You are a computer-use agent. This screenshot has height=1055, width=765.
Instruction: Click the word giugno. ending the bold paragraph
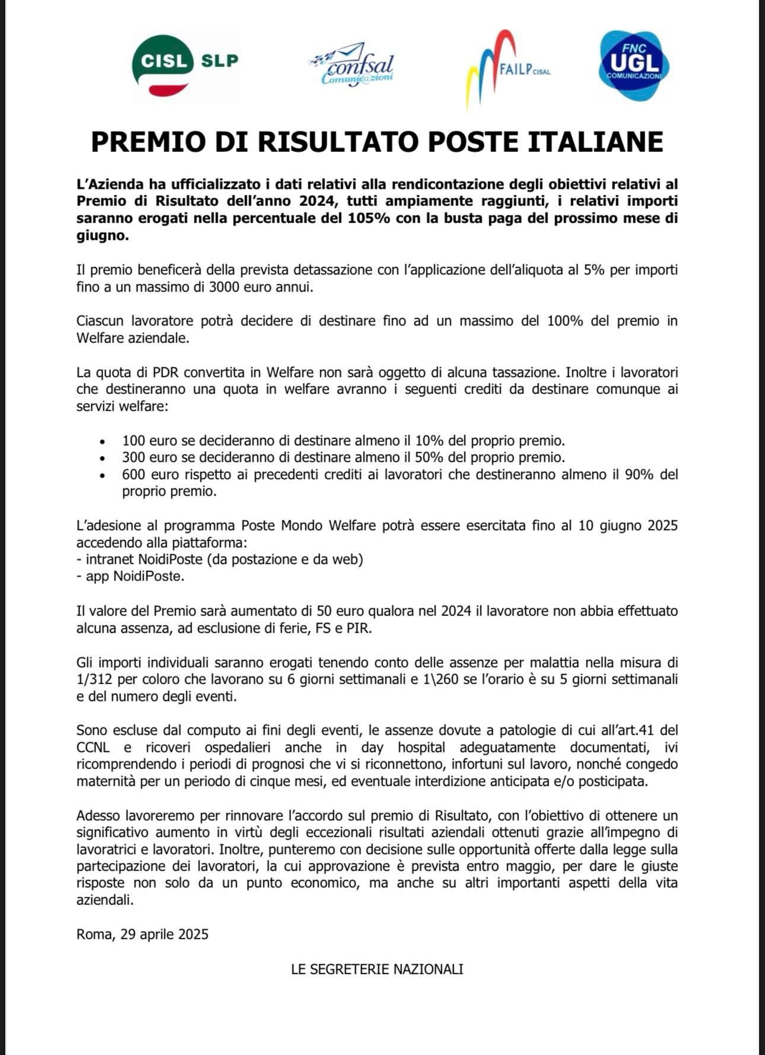coord(103,235)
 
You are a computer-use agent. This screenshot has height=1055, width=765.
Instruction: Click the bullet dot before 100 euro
coord(103,442)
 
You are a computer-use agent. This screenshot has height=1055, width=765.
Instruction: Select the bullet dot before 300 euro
coord(103,459)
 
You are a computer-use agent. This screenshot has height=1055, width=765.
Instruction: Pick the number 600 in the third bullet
coord(134,475)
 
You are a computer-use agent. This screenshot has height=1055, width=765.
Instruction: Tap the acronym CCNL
coord(93,748)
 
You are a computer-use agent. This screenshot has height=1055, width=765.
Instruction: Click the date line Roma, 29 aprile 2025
coord(142,935)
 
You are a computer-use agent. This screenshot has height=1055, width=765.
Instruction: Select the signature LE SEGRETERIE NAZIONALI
coord(377,969)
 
